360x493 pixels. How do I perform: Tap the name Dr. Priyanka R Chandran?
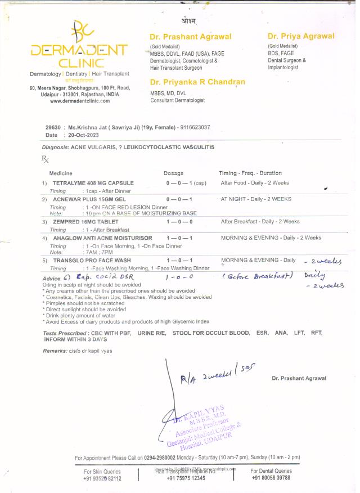point(197,82)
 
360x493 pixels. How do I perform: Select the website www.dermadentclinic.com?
point(79,101)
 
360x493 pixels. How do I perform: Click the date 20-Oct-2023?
point(83,135)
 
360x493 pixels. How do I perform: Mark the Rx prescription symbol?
point(46,159)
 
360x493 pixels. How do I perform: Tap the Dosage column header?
point(173,173)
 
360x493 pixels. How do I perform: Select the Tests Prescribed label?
point(63,333)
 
